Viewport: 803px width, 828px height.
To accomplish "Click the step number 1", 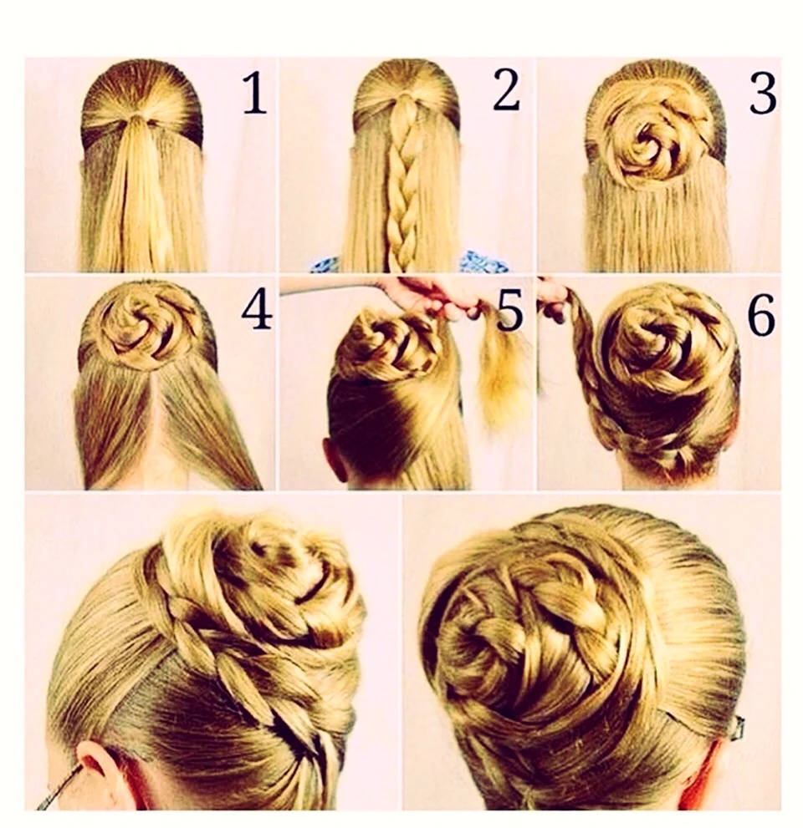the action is point(254,94).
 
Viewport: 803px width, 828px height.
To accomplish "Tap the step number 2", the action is point(506,90).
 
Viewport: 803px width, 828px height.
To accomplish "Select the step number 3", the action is point(763,94).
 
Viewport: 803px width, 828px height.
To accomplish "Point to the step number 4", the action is point(257,312).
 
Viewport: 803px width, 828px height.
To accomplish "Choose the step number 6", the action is point(761,316).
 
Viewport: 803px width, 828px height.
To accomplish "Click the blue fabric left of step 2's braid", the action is point(325,264).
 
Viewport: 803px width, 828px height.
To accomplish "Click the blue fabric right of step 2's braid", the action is point(483,261).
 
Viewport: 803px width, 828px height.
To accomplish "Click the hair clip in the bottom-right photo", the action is point(739,728).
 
